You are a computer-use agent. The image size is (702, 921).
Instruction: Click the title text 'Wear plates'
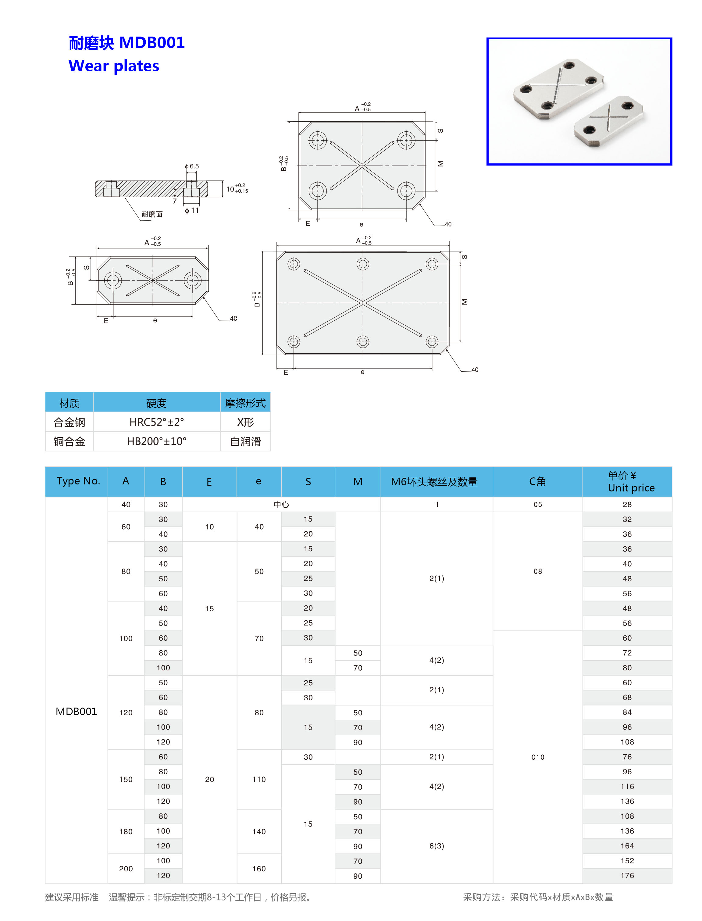pos(114,66)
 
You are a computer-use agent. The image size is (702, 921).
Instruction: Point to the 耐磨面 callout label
pos(152,214)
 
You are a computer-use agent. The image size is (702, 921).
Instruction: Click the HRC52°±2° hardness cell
pos(157,422)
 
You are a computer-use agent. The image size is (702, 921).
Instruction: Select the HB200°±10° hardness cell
pos(157,441)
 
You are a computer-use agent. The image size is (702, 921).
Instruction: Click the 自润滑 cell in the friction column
pos(245,441)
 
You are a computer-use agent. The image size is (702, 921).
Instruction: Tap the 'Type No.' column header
pos(78,481)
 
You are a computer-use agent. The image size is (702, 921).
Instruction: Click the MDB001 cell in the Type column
pos(77,711)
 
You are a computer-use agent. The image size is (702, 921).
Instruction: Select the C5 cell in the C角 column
pos(538,504)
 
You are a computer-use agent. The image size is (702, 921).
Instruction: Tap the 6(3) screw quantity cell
pos(437,845)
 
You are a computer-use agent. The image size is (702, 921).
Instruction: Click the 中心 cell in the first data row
pos(281,504)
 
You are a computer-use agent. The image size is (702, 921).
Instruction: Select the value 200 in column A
pos(126,868)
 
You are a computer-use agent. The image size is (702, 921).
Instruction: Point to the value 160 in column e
pos(259,868)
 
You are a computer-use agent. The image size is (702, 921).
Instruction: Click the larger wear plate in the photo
pos(558,89)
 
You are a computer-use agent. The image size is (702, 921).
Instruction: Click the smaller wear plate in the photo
pos(608,121)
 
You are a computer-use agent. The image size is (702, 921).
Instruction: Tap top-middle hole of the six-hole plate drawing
pos(363,264)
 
